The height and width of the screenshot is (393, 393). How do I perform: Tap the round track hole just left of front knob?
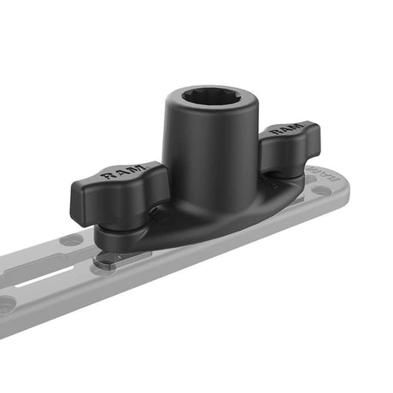tap(72, 240)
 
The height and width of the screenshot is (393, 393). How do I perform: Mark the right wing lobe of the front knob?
tap(162, 184)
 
